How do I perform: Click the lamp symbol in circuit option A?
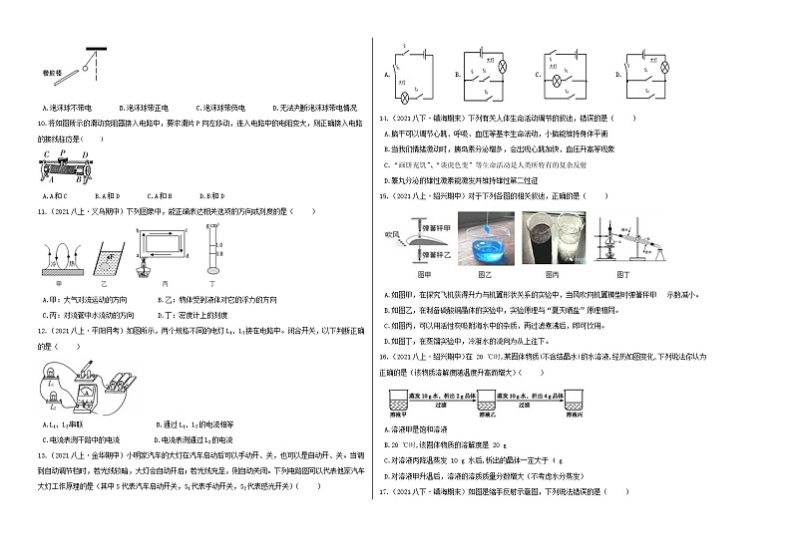[x=406, y=98]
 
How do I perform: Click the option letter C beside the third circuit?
[x=539, y=74]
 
